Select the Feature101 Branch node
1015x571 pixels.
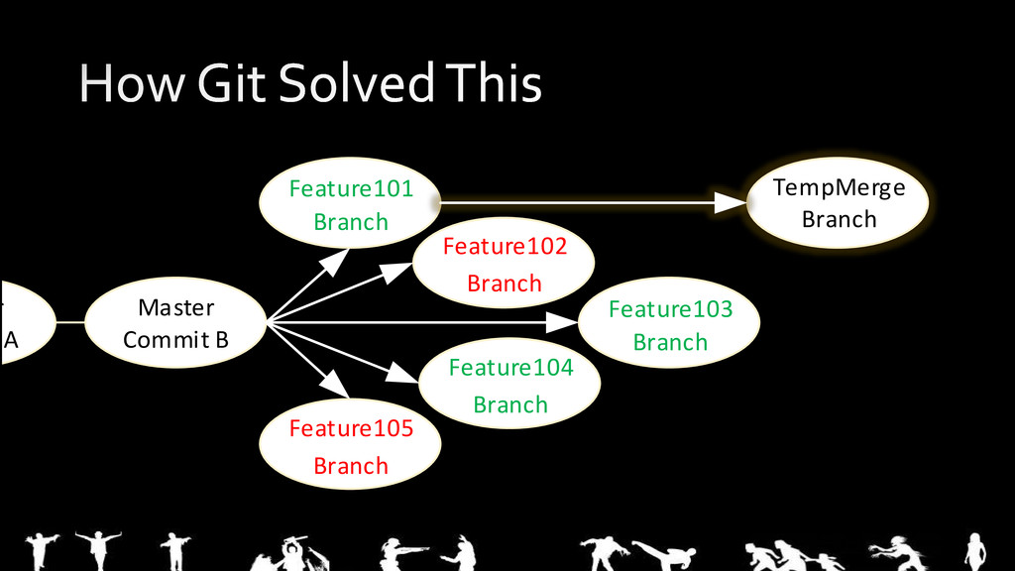[x=350, y=204]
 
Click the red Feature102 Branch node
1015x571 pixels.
[x=504, y=264]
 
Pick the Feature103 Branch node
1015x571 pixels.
[x=669, y=324]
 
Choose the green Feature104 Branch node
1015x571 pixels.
[x=509, y=386]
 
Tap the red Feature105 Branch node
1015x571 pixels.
[x=350, y=446]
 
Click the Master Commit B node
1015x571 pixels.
[x=175, y=323]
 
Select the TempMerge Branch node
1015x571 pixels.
[x=839, y=203]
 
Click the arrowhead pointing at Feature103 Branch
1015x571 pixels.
[x=564, y=322]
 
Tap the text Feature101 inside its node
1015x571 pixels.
[x=350, y=188]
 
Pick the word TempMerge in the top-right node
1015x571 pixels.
[x=839, y=187]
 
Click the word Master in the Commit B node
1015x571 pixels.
[x=175, y=307]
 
